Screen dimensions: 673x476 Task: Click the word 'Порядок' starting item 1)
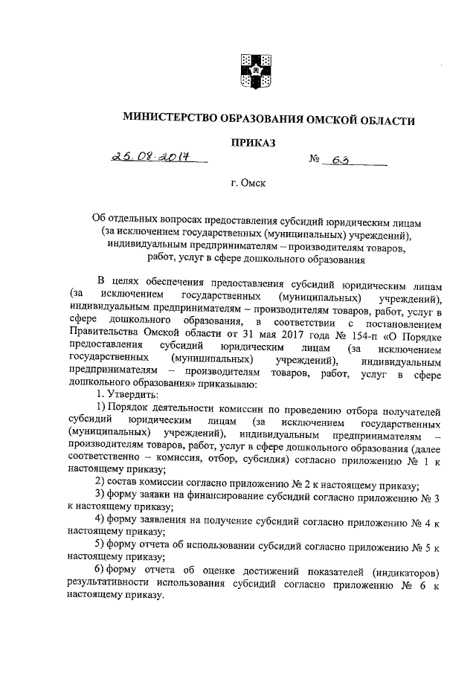pos(134,410)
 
